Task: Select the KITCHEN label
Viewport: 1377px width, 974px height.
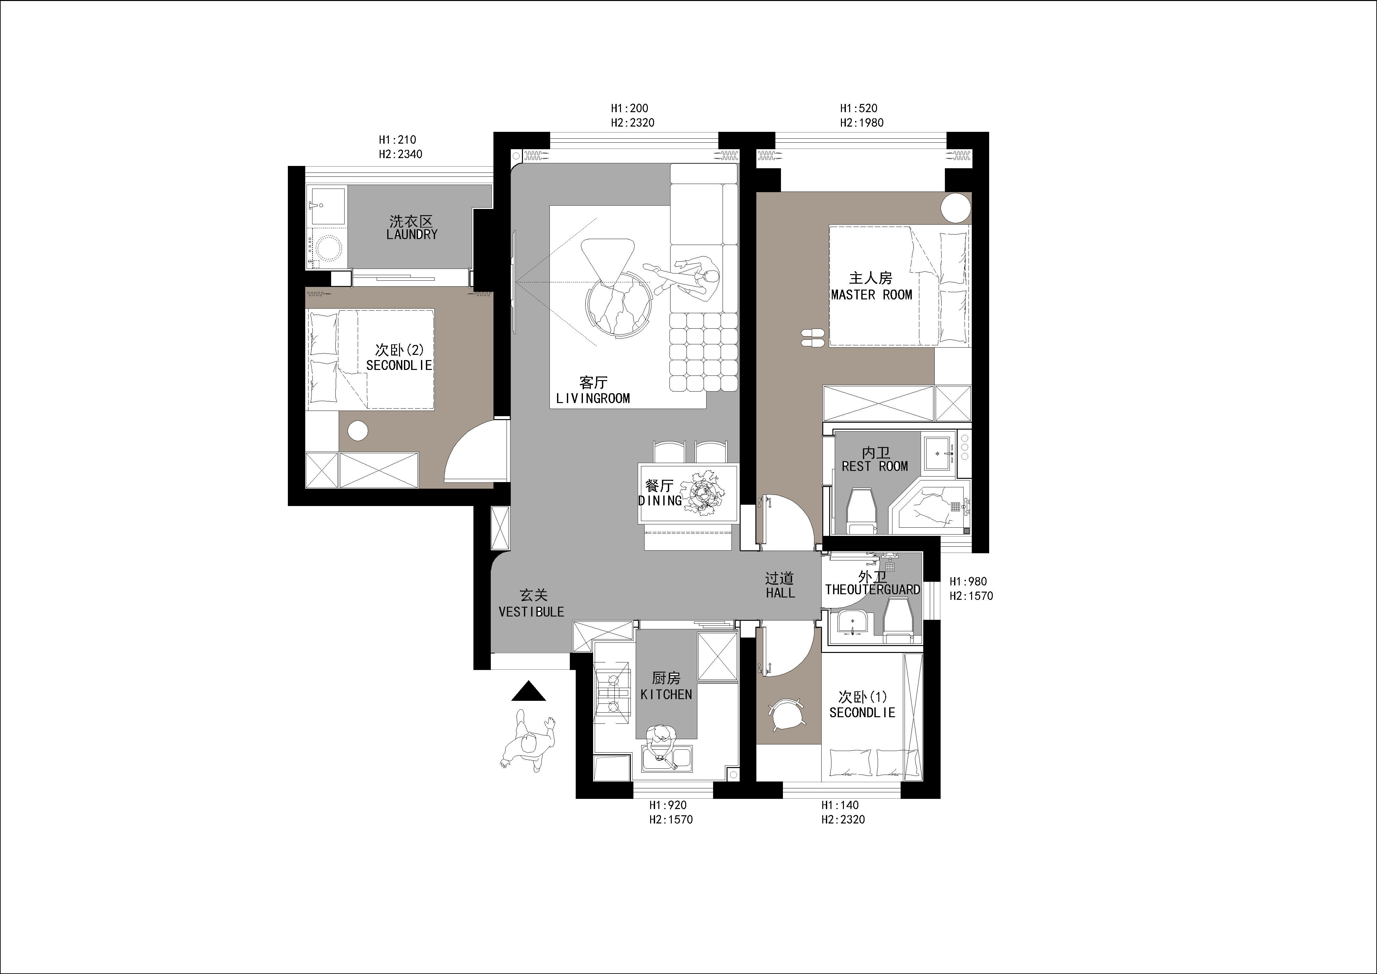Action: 666,695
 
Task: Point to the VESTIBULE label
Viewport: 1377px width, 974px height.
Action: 531,612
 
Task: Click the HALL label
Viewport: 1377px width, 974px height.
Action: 780,593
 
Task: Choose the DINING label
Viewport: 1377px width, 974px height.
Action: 660,500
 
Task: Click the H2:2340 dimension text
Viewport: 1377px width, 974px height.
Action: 401,154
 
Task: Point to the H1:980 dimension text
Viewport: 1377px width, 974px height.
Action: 968,581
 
